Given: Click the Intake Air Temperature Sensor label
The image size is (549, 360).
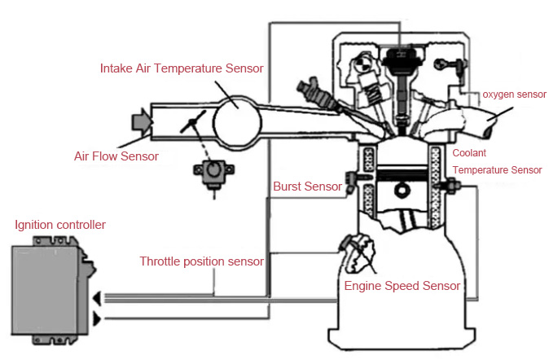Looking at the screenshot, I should [182, 68].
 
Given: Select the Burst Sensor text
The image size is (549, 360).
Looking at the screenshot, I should [307, 187].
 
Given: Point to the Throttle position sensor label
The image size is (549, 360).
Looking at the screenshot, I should [201, 261].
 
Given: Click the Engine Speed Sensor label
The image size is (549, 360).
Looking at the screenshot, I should [402, 286].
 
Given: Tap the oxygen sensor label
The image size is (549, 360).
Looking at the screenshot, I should [514, 95].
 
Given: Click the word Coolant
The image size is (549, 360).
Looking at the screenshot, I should [470, 153].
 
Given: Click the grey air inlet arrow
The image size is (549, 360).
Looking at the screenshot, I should [141, 121].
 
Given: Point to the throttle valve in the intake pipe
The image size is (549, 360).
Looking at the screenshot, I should [193, 126].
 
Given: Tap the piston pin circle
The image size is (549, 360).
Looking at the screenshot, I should [400, 192].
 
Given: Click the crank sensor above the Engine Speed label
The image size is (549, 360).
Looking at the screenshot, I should [359, 253].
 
